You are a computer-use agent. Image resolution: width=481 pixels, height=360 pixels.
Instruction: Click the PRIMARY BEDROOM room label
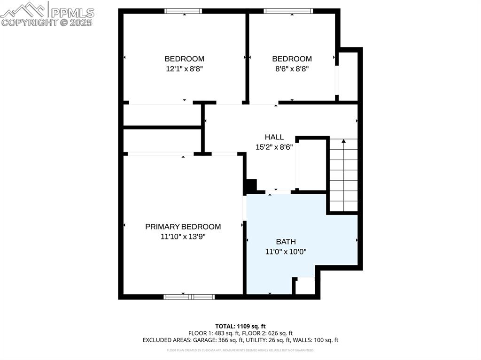[x=183, y=227]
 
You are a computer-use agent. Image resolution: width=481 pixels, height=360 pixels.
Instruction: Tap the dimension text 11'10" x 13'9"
[x=183, y=237]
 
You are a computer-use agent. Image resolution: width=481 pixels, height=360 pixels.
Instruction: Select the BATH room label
[x=286, y=242]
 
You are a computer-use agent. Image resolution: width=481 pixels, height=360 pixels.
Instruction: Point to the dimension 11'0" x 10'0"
[x=286, y=252]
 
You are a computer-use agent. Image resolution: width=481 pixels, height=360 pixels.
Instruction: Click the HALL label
[x=274, y=137]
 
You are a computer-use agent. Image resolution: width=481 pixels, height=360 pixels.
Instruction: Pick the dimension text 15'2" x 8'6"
[x=274, y=146]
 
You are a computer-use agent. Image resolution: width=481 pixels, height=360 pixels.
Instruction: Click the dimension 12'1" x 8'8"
[x=184, y=69]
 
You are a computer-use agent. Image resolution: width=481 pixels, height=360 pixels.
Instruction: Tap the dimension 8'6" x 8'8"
[x=292, y=69]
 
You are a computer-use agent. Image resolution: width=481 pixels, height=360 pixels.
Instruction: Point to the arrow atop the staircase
[x=343, y=141]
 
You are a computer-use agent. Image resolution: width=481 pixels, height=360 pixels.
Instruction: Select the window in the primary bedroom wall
[x=189, y=297]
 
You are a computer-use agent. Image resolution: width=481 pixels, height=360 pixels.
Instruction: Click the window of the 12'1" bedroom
[x=184, y=11]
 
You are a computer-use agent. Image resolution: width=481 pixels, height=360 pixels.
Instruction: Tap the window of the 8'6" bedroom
[x=288, y=11]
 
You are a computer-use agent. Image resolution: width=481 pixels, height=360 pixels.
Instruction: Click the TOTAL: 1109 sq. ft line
[x=240, y=326]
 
